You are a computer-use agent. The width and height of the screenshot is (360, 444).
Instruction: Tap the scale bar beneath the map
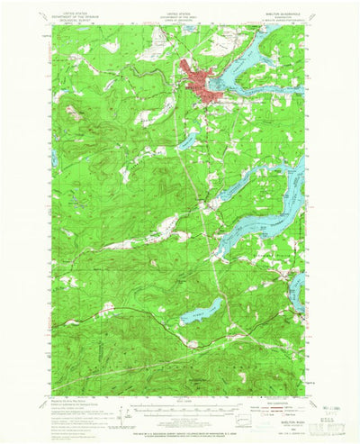pyautogui.click(x=179, y=395)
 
